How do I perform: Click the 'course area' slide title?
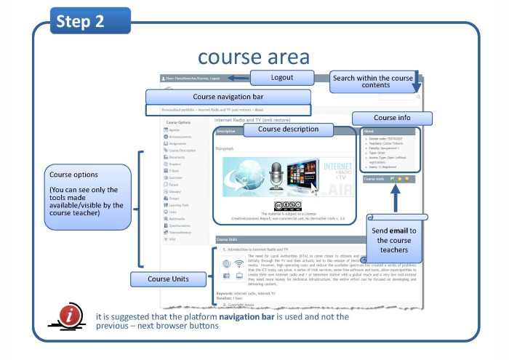(254, 57)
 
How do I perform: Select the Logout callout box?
(282, 78)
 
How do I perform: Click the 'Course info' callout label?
(393, 118)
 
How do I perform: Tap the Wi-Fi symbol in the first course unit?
(239, 264)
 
